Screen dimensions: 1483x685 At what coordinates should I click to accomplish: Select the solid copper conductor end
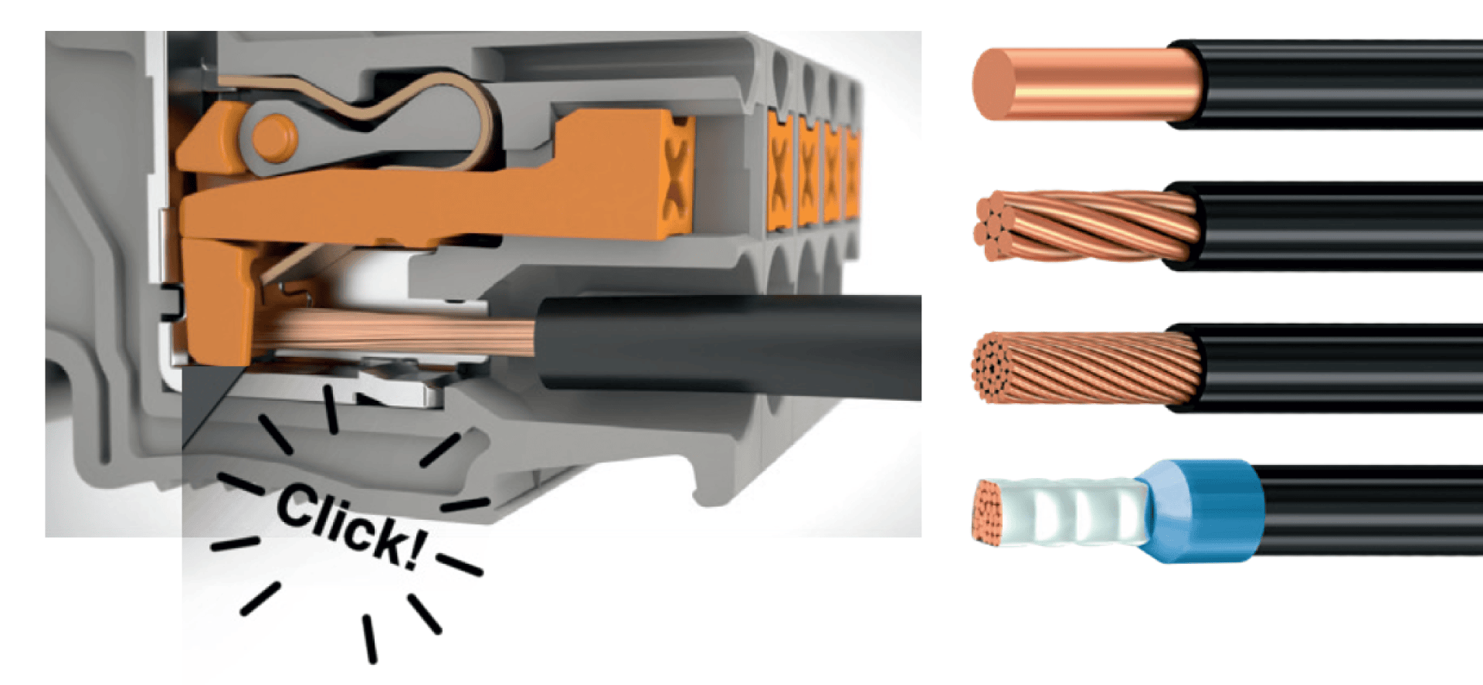(x=1085, y=83)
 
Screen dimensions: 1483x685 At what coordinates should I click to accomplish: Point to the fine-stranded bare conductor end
(x=1086, y=368)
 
